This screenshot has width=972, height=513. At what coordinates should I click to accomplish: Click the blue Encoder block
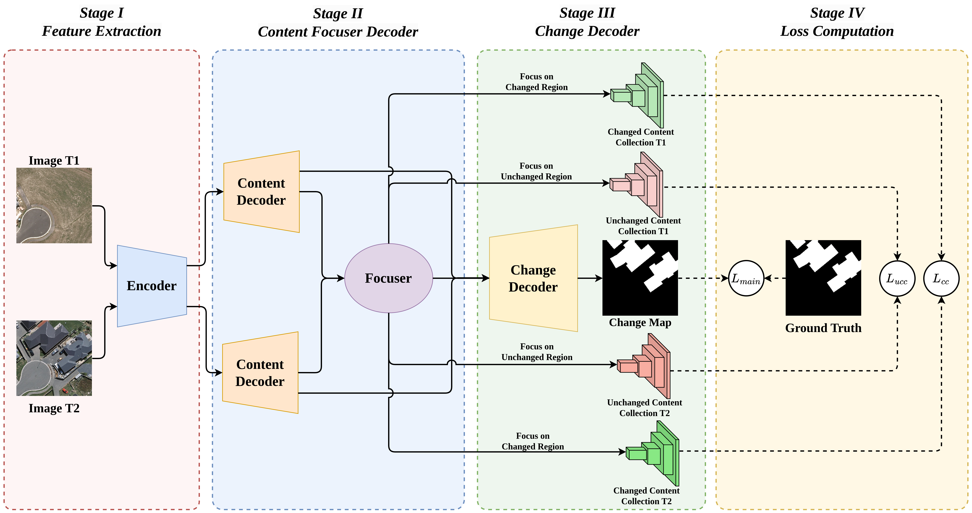tap(152, 286)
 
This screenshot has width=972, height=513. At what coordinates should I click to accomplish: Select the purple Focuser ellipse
tap(388, 278)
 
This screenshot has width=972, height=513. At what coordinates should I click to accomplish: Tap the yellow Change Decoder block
tap(533, 278)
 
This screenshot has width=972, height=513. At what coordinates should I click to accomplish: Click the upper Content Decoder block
tap(261, 192)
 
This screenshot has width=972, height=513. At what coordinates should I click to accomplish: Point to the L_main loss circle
tap(746, 278)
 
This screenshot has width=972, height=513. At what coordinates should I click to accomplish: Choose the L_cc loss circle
tap(941, 278)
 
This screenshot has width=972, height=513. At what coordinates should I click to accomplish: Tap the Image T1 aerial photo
tap(54, 206)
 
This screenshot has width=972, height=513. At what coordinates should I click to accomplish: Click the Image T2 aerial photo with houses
tap(54, 358)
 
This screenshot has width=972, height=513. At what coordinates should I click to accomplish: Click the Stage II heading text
tap(338, 14)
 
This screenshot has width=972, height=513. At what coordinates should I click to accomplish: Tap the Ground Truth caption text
tap(823, 328)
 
